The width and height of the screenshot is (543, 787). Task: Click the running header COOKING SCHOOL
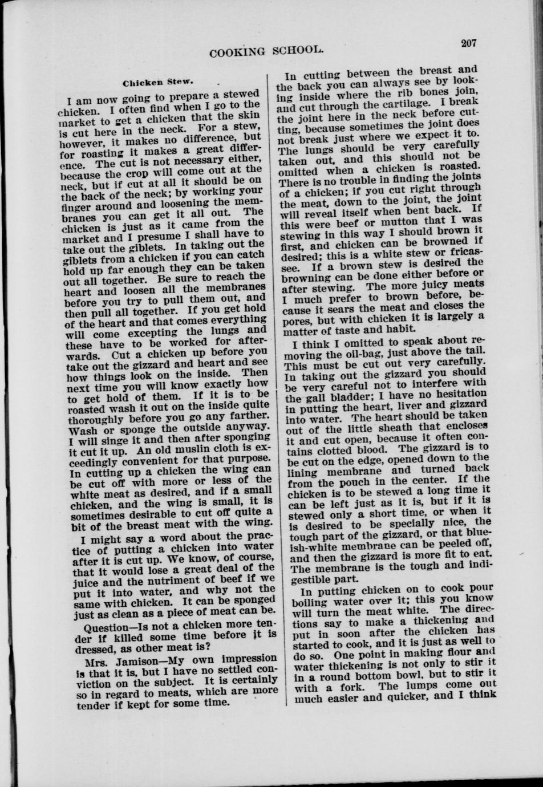click(266, 52)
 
